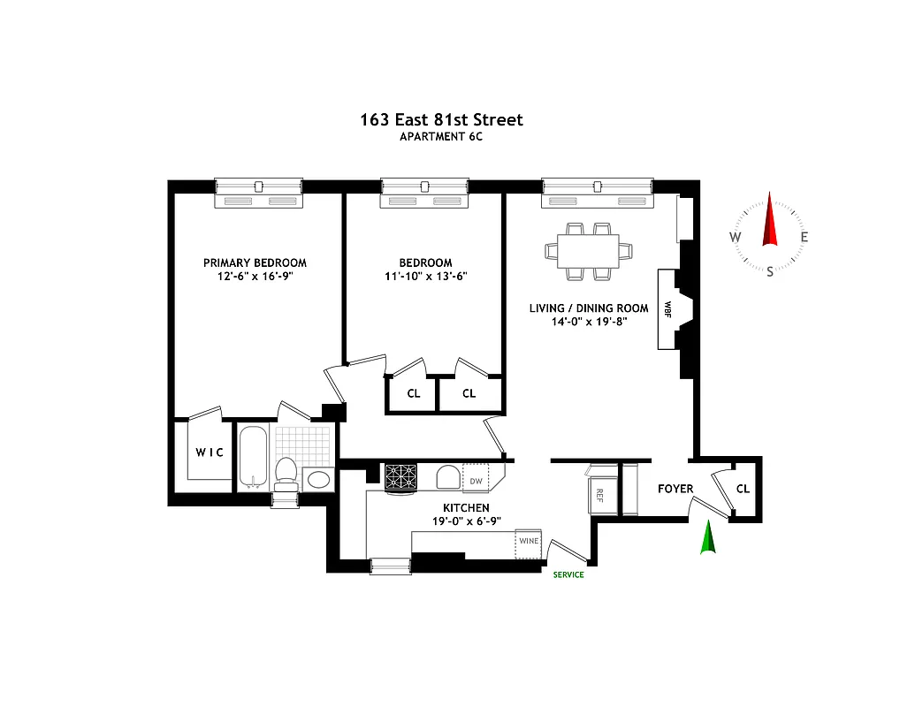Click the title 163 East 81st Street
441,119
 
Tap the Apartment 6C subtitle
441,137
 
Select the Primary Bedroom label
255,262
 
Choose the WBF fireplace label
667,309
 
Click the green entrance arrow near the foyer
706,538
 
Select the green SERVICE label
568,574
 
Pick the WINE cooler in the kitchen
529,541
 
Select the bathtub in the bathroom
253,456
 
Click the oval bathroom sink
318,479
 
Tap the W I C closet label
210,452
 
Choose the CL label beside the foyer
743,489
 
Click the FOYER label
675,489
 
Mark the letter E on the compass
804,237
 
